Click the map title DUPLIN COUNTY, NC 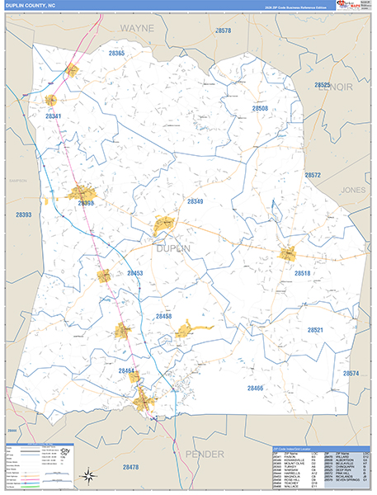(x=32, y=6)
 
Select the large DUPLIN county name (x=172, y=247)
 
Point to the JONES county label (x=353, y=190)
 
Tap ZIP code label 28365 (x=116, y=54)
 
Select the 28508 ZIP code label (x=260, y=108)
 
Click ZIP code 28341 (x=54, y=116)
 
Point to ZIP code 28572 (x=312, y=175)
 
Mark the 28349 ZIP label (x=195, y=201)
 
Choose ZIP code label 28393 (x=23, y=215)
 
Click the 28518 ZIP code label (x=303, y=272)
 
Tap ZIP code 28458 (x=163, y=316)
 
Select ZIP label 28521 (x=317, y=330)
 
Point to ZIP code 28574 (x=351, y=374)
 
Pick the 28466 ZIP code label (x=255, y=388)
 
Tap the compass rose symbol (x=87, y=474)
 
